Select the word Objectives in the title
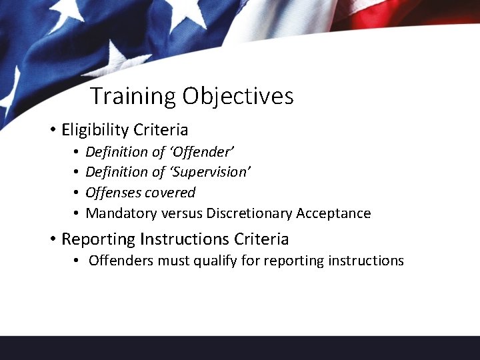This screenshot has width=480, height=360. click(x=238, y=96)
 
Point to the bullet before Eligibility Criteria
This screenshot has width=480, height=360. click(x=52, y=130)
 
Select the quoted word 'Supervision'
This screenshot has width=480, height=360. click(x=209, y=172)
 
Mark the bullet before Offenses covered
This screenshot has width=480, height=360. click(x=77, y=193)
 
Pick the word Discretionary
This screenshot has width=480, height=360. click(x=249, y=213)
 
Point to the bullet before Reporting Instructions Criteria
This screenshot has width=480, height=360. click(x=52, y=239)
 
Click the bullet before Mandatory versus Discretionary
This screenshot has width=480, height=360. click(x=77, y=214)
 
